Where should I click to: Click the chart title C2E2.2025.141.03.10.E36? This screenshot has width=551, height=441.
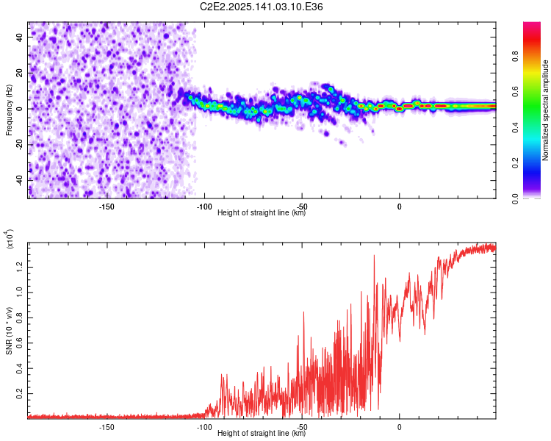[261, 7]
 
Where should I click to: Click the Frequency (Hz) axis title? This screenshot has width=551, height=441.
[9, 110]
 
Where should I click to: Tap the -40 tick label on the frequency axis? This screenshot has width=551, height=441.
[20, 181]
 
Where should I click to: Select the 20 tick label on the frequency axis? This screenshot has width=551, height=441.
[20, 73]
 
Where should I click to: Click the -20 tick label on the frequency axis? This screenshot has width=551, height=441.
[20, 145]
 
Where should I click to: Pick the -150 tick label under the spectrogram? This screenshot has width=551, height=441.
[107, 207]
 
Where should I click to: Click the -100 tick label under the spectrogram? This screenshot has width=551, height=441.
[204, 207]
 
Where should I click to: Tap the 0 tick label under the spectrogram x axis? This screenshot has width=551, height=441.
[399, 207]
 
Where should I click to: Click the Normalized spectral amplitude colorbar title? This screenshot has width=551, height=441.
[545, 110]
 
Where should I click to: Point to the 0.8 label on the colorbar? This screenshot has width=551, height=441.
[515, 57]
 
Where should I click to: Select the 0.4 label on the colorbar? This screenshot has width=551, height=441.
[515, 128]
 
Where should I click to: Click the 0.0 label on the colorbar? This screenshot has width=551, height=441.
[515, 199]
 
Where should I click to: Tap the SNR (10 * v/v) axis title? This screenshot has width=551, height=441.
[9, 331]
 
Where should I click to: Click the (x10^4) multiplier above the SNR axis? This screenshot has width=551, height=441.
[10, 239]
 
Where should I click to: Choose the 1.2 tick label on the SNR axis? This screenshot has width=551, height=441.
[20, 267]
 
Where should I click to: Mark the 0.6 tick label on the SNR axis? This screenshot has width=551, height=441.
[20, 343]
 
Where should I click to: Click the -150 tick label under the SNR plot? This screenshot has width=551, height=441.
[107, 427]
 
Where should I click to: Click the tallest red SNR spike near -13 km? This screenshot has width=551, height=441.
[374, 256]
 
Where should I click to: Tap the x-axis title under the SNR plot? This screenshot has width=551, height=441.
[262, 433]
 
